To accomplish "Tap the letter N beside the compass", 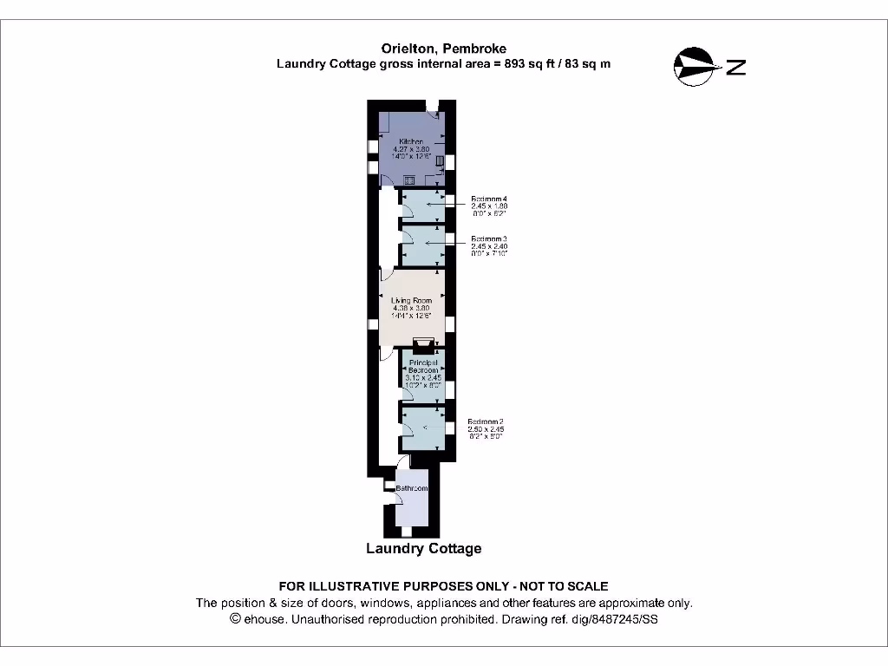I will (736, 67).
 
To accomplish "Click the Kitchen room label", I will (410, 141).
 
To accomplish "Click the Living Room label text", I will (411, 300).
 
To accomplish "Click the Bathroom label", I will (412, 489).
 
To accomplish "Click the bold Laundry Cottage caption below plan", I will (423, 548).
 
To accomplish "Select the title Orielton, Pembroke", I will (443, 49).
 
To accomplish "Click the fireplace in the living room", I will (423, 343).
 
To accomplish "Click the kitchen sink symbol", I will (408, 180).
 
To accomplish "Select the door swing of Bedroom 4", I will (407, 209).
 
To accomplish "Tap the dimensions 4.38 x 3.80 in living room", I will (411, 308).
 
